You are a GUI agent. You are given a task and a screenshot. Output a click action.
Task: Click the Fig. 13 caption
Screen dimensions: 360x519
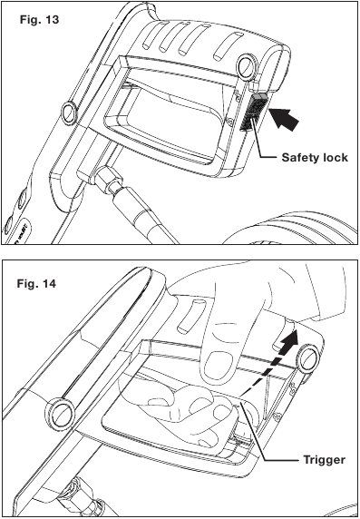pyautogui.click(x=39, y=20)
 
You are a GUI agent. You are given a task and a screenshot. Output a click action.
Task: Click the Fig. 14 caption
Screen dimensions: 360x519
pyautogui.click(x=36, y=284)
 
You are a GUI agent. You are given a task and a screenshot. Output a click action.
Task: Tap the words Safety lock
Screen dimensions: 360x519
pyautogui.click(x=315, y=158)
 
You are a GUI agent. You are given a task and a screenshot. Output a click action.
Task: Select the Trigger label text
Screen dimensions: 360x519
pyautogui.click(x=325, y=459)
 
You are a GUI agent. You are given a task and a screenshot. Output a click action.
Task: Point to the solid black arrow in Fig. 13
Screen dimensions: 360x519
pyautogui.click(x=284, y=118)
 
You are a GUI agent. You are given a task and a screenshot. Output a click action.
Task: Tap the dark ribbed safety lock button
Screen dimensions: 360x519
pyautogui.click(x=253, y=111)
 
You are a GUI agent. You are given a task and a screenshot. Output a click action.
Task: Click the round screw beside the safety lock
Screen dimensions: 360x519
pyautogui.click(x=248, y=63)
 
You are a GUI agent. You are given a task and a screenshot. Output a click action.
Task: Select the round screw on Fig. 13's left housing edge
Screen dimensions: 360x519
pyautogui.click(x=71, y=112)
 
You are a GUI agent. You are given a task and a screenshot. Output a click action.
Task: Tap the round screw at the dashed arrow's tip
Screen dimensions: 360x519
pyautogui.click(x=306, y=358)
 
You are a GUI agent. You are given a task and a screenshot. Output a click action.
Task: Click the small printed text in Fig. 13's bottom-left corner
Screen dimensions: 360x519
pyautogui.click(x=23, y=234)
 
